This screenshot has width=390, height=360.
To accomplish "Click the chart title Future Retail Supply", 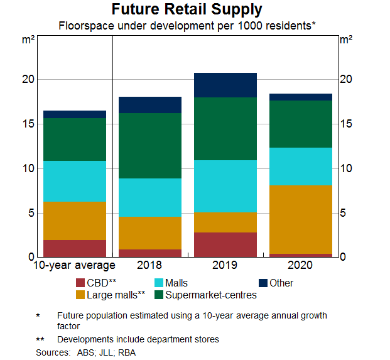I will coord(195,10).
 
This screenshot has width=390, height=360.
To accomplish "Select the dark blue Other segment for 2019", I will coord(225,85).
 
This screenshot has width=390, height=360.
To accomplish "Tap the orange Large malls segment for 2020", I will coord(301,219).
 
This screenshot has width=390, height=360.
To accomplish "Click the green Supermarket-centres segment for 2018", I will coord(150,146).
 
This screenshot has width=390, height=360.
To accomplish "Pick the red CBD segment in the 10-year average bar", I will coord(75,248).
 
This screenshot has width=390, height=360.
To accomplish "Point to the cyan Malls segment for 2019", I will coord(225,186).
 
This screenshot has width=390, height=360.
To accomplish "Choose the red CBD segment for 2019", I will coord(225,244).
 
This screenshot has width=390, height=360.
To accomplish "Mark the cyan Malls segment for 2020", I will coord(301,166).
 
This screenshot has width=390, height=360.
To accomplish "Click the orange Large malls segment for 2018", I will coord(150,233).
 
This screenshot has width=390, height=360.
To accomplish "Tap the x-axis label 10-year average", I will coord(75,266).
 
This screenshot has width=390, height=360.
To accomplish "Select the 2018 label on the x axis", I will coord(150,266).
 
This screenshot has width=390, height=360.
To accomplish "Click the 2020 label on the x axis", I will coord(301,266).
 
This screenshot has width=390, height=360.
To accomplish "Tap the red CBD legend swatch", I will coord(80,283).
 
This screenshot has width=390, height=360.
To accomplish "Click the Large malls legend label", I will coord(117,295).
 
